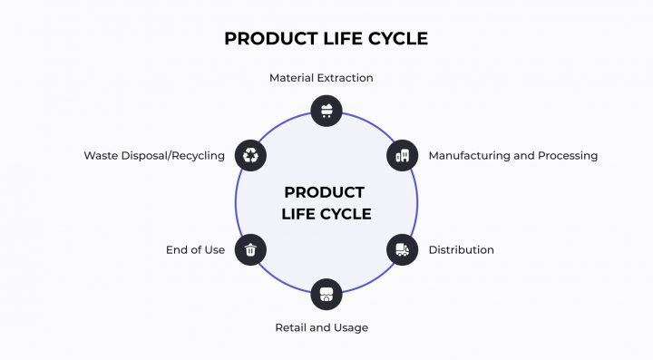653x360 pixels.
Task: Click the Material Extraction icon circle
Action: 326,111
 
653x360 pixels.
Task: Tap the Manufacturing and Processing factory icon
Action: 403,155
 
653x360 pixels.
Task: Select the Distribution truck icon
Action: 403,249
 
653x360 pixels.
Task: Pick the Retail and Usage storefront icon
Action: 326,294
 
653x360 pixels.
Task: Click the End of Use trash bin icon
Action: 250,249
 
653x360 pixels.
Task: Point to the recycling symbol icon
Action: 250,155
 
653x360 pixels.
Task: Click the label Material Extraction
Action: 321,78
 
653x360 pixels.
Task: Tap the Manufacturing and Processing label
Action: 512,156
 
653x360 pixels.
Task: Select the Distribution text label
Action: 461,250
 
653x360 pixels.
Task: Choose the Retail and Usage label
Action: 321,327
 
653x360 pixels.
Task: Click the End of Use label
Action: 195,250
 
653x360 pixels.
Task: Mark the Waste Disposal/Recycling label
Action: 154,156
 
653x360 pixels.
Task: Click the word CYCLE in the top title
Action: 390,39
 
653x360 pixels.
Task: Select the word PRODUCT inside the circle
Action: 325,192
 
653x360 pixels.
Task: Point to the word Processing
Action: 568,156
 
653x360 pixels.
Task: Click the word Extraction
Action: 344,78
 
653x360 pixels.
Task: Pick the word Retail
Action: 290,327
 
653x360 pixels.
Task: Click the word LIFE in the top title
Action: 332,39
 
